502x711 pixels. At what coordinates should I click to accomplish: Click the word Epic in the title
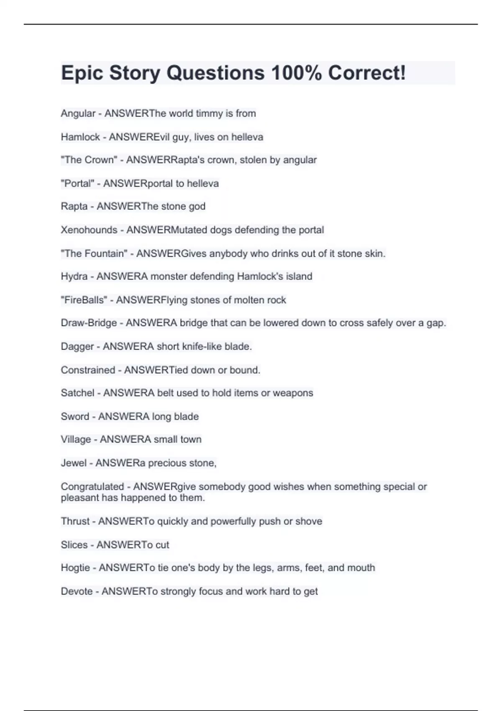[x=82, y=73]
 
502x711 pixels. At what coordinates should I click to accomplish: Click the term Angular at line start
[x=78, y=113]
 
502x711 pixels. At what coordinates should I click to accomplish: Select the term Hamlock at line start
[x=80, y=137]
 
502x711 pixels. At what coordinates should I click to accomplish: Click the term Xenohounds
[x=89, y=230]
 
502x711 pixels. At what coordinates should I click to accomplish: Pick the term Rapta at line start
[x=74, y=206]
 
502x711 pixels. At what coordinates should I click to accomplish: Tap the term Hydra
[x=74, y=276]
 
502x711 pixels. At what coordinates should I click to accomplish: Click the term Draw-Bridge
[x=89, y=323]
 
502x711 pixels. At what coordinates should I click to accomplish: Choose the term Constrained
[x=88, y=370]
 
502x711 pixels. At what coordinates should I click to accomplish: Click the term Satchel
[x=77, y=393]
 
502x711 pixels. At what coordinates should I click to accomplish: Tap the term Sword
[x=75, y=417]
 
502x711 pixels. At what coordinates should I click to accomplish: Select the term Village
[x=76, y=439]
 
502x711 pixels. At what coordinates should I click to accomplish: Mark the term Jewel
[x=74, y=463]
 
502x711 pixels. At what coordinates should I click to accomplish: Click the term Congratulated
[x=92, y=486]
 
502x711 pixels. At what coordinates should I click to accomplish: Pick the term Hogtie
[x=75, y=568]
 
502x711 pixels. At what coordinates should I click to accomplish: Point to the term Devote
[x=77, y=591]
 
